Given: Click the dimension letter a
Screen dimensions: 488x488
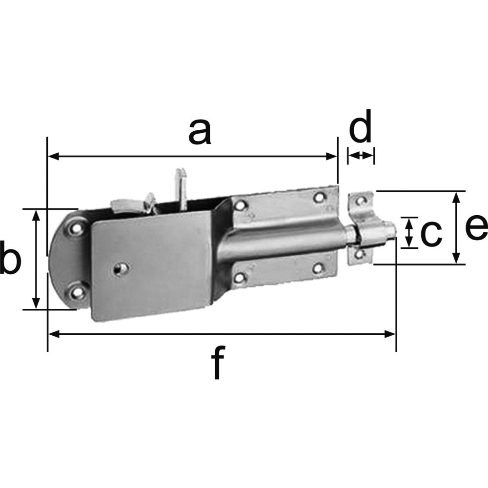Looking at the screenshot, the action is pos(200,133).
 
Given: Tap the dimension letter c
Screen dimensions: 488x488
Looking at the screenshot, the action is pos(431,232).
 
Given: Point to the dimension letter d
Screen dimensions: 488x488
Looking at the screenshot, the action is pos(361,125).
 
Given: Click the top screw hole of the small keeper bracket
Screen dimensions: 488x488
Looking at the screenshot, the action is pos(361,200).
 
